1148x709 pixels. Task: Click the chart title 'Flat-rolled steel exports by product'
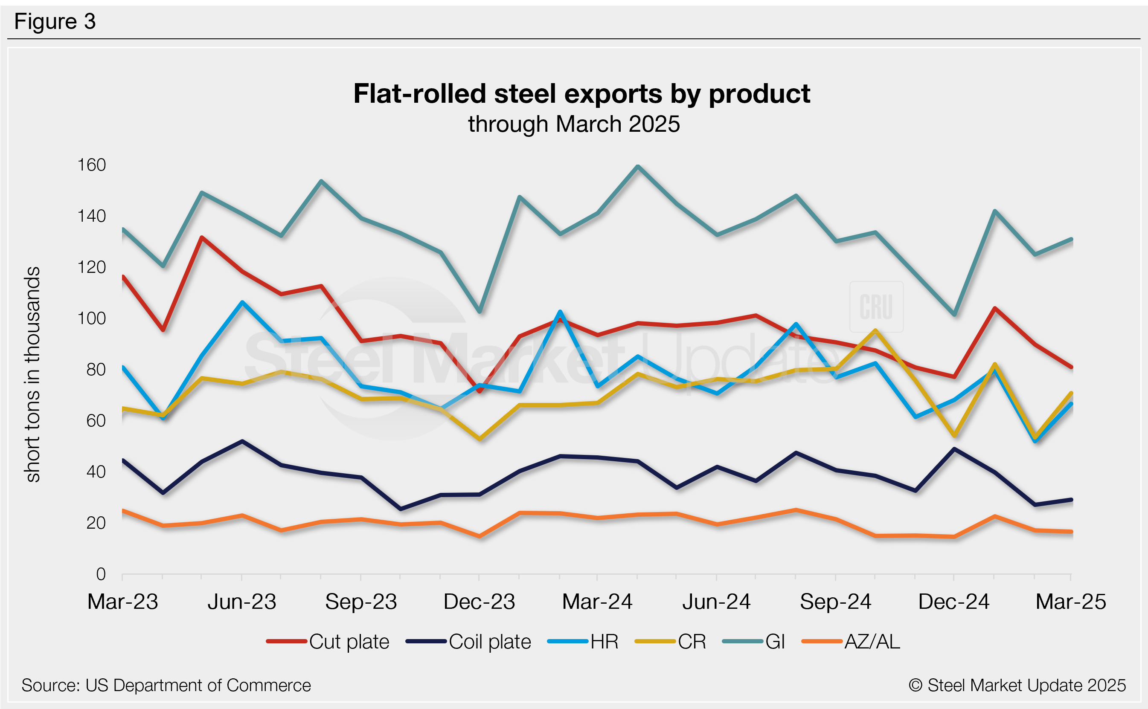pos(582,94)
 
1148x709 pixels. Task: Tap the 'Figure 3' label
pos(55,22)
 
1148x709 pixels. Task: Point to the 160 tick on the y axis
pos(92,165)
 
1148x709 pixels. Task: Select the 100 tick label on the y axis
pos(92,319)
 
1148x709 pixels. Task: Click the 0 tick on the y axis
pos(101,574)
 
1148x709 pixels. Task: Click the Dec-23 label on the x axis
pos(480,602)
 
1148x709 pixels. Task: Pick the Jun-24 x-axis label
pos(716,602)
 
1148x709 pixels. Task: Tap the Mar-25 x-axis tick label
pos(1071,602)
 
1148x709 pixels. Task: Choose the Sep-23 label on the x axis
pos(361,602)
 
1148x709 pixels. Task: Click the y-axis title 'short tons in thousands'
pos(33,374)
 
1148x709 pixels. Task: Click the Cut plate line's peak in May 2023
pos(202,238)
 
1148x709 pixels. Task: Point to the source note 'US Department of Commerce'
pos(166,686)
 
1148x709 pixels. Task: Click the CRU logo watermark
pos(876,307)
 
